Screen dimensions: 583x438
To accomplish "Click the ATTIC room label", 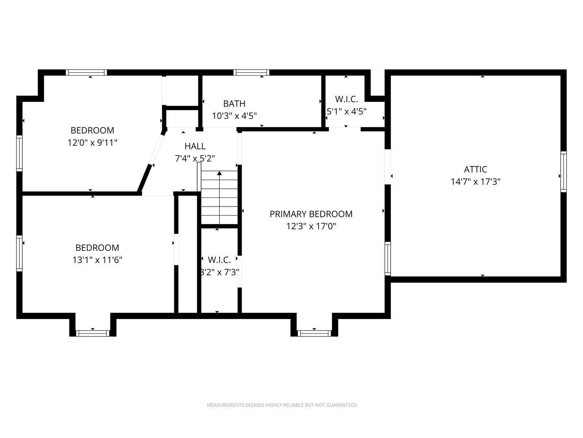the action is [476, 169].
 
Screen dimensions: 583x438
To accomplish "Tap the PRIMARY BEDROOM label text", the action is [311, 214].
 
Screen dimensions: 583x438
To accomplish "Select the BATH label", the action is [234, 103].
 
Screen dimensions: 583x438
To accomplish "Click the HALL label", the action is [195, 146].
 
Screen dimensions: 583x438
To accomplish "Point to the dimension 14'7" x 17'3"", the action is [476, 182].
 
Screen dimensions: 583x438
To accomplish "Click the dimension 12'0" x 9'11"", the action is [92, 143].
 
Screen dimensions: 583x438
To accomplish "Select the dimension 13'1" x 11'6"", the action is [97, 260].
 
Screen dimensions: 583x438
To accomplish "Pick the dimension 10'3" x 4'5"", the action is [234, 116].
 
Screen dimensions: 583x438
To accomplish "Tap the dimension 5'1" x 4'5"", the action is [347, 111].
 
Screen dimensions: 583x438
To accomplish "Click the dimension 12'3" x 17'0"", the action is [311, 226].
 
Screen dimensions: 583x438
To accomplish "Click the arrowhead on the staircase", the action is [219, 173].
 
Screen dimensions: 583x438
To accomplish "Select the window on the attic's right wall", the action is [563, 172].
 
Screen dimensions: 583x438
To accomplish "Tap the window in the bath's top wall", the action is [251, 72].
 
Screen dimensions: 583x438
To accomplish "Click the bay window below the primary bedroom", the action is [314, 333].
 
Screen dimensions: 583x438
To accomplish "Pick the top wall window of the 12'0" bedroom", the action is [86, 72].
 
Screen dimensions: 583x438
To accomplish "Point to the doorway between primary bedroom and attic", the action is [388, 167].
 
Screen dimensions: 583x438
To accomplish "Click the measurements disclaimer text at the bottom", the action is [282, 405].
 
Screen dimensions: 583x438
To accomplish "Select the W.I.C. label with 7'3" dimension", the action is [219, 260].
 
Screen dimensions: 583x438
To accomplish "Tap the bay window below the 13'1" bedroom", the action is [93, 333].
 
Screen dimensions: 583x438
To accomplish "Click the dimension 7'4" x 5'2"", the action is [195, 158].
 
